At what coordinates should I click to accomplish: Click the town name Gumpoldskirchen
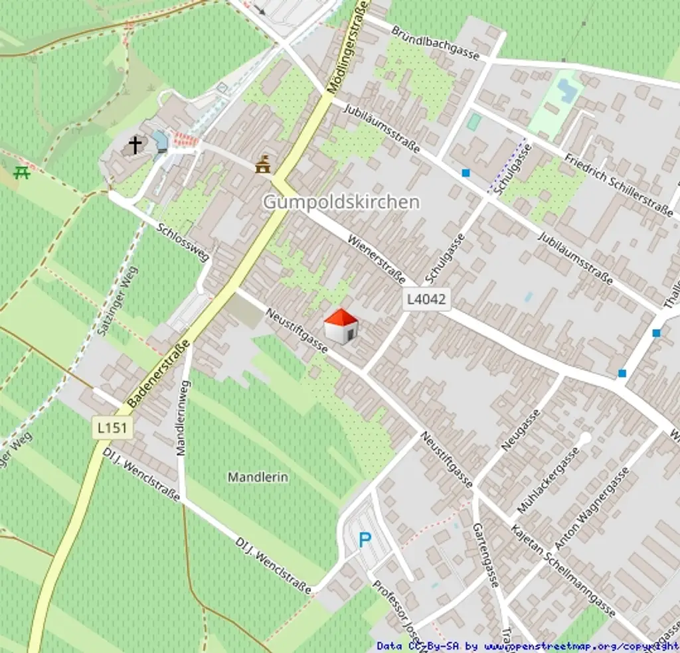pos(341,202)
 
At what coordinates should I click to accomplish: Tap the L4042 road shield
pos(426,299)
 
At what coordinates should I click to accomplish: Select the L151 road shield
pos(112,427)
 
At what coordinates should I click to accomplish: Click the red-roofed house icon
pos(341,326)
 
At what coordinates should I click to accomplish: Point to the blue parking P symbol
pos(365,540)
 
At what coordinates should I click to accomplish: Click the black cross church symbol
pos(135,145)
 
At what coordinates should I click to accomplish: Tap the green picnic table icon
pos(22,173)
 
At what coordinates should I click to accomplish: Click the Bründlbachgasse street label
pos(435,43)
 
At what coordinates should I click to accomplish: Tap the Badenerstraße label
pos(158,373)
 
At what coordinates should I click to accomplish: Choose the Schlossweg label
pos(183,242)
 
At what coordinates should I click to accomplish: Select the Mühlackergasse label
pos(549,479)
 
